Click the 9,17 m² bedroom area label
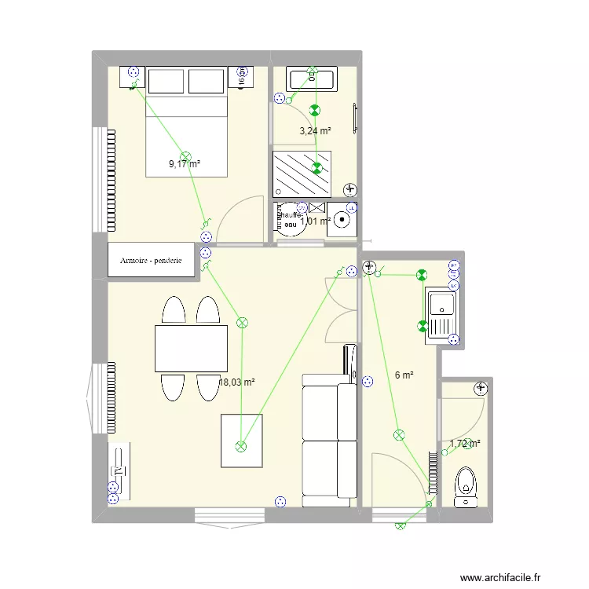(185, 164)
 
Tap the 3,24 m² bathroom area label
(315, 131)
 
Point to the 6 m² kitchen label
(404, 375)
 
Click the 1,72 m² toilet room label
(464, 444)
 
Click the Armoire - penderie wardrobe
(156, 260)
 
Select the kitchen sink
(441, 315)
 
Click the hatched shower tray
(302, 174)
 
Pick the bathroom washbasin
(312, 79)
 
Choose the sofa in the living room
(327, 440)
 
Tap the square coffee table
(241, 441)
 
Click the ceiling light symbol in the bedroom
(186, 156)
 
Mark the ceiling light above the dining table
(242, 322)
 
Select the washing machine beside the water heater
(342, 219)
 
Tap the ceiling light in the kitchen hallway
(399, 434)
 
